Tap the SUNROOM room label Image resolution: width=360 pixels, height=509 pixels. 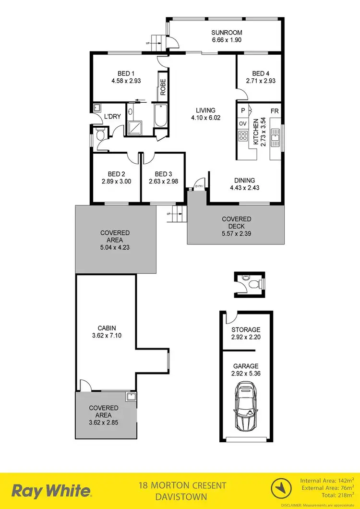pyautogui.click(x=224, y=33)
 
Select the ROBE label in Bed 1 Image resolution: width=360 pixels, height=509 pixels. pyautogui.click(x=163, y=86)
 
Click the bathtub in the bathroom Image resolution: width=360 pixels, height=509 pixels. pyautogui.click(x=160, y=116)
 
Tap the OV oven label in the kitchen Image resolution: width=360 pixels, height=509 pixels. pyautogui.click(x=242, y=124)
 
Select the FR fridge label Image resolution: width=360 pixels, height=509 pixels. pyautogui.click(x=275, y=110)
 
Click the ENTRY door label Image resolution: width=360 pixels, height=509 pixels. pyautogui.click(x=199, y=186)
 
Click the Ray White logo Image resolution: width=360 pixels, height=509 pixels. pyautogui.click(x=51, y=491)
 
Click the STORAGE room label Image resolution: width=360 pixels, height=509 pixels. pyautogui.click(x=245, y=330)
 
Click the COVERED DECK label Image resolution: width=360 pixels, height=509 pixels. pyautogui.click(x=236, y=222)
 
